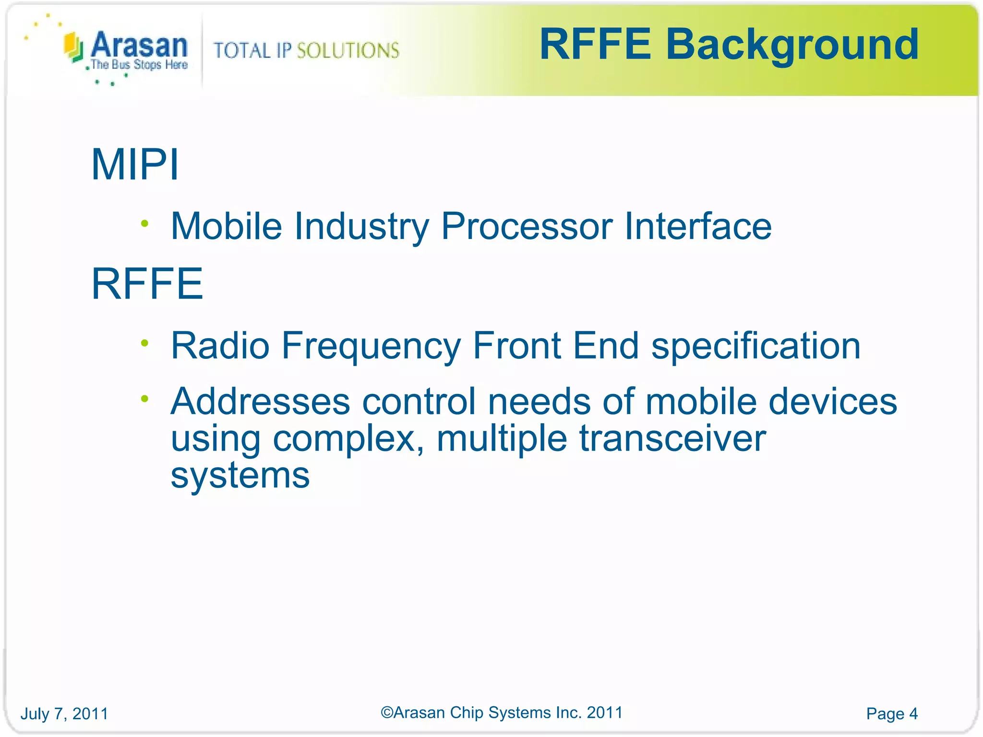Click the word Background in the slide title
coord(792,46)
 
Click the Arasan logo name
coord(139,46)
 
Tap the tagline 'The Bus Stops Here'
coord(139,65)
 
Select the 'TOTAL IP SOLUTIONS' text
coord(306,50)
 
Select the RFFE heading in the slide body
coord(147,284)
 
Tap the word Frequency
coord(371,346)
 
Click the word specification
coord(756,346)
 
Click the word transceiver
coord(672,439)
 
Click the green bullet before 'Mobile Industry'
coord(145,223)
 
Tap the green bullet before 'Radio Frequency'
coord(145,343)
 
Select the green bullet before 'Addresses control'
coord(145,398)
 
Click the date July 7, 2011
coord(64,713)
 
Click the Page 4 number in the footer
coord(892,713)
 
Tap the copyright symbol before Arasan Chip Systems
coord(387,713)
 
